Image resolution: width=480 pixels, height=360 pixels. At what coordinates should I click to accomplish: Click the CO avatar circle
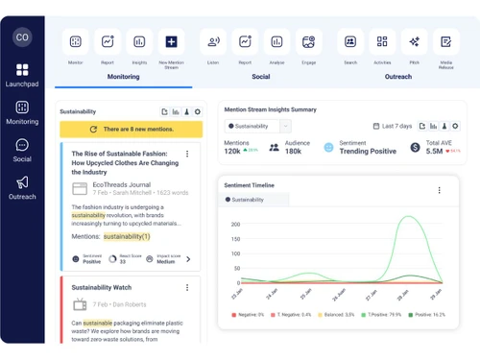point(22,36)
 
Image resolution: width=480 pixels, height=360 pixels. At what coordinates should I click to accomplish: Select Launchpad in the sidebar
point(22,75)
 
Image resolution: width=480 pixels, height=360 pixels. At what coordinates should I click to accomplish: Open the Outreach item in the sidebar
point(22,187)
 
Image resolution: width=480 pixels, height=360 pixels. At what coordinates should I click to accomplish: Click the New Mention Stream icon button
point(171,42)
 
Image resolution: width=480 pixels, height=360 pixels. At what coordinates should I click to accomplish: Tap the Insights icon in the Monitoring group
point(139,42)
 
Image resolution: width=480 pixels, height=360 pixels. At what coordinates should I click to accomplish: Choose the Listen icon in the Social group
point(213,42)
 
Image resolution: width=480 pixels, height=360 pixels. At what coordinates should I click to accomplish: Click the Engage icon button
point(308,42)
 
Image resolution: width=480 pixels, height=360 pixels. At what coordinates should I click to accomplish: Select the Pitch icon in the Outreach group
point(414,42)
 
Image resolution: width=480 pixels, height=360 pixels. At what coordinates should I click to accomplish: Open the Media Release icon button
point(445,42)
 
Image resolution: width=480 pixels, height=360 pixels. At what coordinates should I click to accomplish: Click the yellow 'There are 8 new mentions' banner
point(131,129)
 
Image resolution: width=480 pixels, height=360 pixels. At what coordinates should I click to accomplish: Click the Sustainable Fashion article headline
point(125,163)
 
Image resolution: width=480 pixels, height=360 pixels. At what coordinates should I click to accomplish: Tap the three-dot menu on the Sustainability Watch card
point(187,287)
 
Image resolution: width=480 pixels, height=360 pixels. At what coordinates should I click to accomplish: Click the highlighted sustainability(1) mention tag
point(127,236)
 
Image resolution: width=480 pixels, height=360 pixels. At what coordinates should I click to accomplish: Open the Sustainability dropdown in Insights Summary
point(257,126)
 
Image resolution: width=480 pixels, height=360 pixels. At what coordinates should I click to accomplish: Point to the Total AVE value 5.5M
point(434,151)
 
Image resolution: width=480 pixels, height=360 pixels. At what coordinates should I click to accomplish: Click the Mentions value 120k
point(232,151)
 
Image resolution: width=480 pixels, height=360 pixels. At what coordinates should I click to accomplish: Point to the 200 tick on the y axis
point(234,224)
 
